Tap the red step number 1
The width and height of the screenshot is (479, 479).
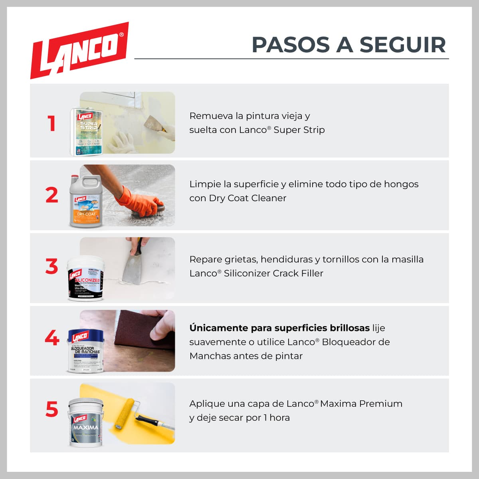[51, 123]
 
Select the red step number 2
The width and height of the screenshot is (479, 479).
[51, 195]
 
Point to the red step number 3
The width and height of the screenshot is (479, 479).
[51, 267]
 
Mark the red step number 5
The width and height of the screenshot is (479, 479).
[52, 410]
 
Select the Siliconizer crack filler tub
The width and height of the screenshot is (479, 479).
[85, 279]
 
